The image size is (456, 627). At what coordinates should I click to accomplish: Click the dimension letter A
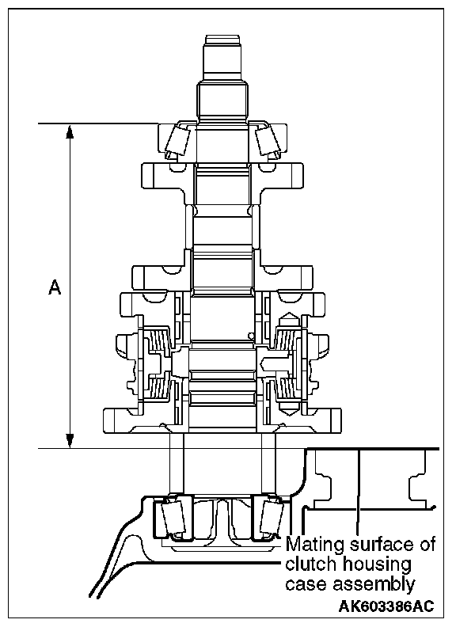[55, 287]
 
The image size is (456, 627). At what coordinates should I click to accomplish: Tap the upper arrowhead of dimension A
[70, 131]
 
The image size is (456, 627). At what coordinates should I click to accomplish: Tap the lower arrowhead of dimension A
[70, 441]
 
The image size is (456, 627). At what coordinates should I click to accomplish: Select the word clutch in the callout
[310, 564]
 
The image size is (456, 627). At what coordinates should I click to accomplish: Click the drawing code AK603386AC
[386, 606]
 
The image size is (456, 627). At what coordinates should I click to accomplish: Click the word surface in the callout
[378, 545]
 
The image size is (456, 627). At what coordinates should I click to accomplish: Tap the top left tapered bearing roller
[178, 141]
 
